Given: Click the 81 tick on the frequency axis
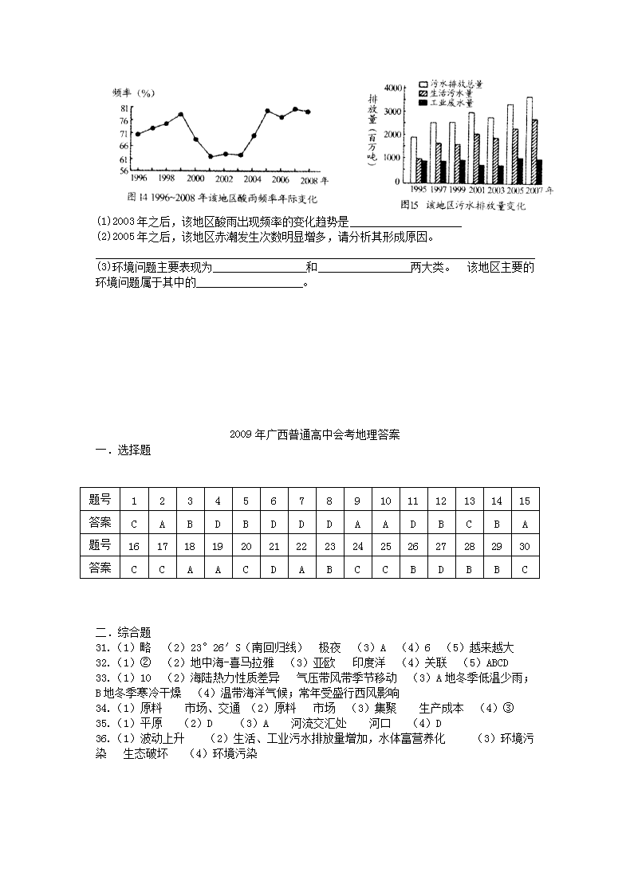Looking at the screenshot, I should [124, 108].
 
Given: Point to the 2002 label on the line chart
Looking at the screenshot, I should [224, 179].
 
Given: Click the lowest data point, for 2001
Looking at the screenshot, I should [211, 156].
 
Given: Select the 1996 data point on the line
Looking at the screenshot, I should [138, 134].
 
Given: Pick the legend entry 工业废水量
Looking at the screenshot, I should [451, 104].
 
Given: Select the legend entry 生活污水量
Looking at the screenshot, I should [451, 93].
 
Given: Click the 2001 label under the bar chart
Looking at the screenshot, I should [476, 191].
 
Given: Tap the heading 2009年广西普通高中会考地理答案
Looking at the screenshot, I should [314, 434].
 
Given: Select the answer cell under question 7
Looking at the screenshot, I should [301, 523].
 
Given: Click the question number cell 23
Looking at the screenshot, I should [329, 546].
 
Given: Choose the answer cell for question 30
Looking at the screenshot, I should [525, 568].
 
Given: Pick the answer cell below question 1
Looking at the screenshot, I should [134, 523].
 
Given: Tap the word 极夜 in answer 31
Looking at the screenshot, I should [329, 647].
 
